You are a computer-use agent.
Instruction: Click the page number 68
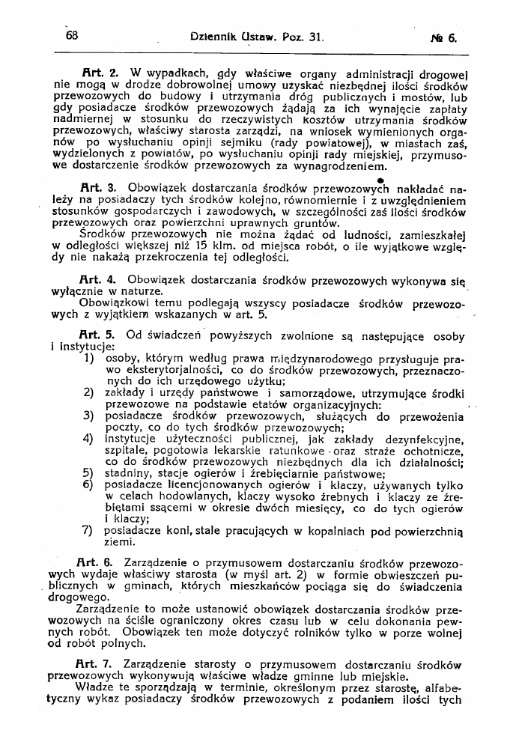(72, 35)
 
